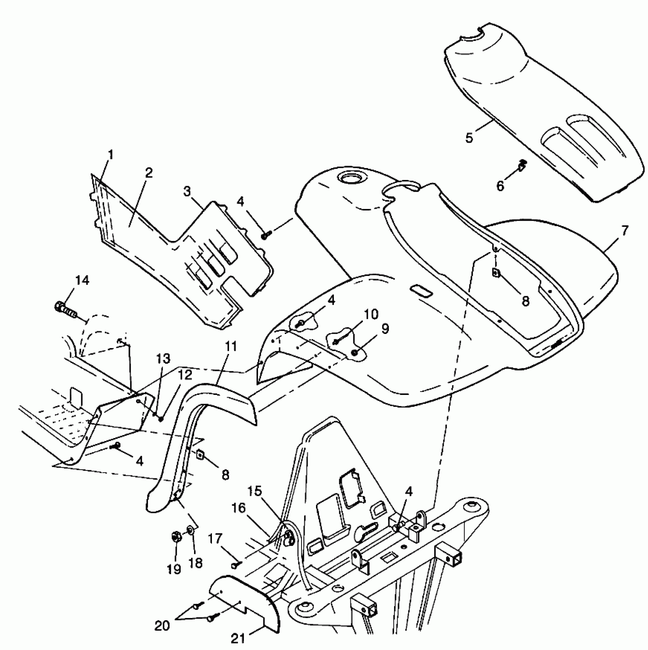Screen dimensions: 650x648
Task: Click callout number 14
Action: (82, 281)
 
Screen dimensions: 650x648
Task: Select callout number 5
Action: (469, 138)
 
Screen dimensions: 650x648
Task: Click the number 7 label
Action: (625, 230)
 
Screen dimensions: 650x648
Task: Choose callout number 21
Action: (238, 638)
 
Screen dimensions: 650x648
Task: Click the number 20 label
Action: (162, 626)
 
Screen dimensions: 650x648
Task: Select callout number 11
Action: (231, 347)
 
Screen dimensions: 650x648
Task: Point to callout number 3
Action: (187, 191)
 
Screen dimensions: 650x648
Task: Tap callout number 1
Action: (111, 155)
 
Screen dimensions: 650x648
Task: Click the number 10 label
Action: (371, 315)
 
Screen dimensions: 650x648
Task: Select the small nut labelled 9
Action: (355, 353)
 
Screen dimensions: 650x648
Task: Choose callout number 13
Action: (163, 359)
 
